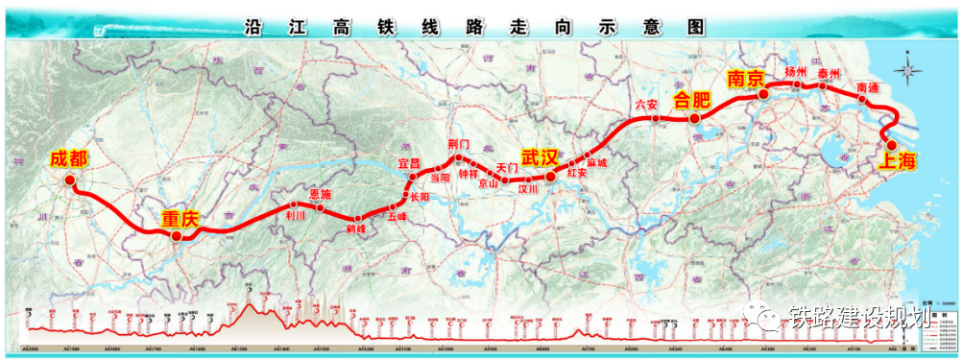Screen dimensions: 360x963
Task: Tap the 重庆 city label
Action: click(181, 220)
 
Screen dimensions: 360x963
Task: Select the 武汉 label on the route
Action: click(541, 157)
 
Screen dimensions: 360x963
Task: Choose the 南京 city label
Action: click(746, 79)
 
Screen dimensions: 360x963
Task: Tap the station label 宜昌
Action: click(410, 163)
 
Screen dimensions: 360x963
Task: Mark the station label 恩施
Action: click(321, 195)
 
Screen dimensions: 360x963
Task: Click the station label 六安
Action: click(646, 105)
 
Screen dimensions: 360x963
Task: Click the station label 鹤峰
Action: click(356, 230)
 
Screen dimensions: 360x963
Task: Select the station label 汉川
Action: click(529, 190)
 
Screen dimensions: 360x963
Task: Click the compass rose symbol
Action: click(905, 70)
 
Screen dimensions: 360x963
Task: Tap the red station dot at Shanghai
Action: click(892, 145)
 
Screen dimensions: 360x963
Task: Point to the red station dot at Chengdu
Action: click(76, 178)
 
